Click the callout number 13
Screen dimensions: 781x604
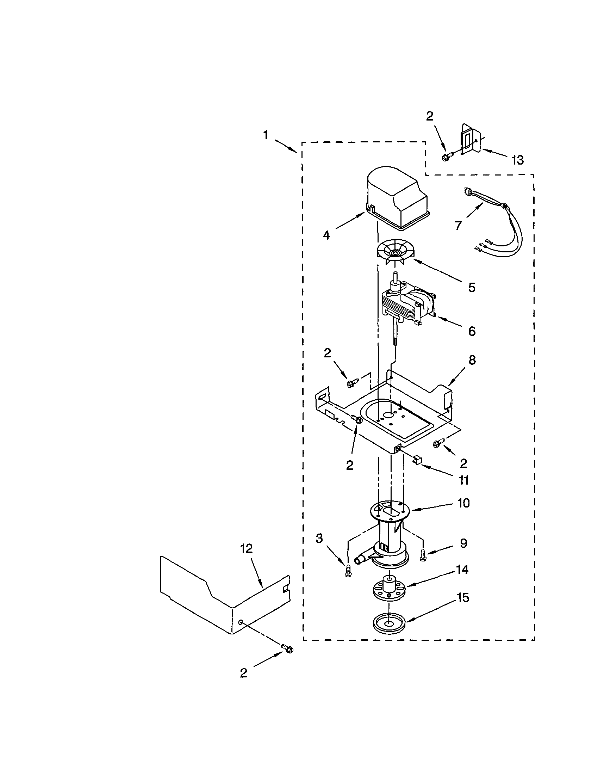(x=517, y=160)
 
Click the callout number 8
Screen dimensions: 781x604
(x=472, y=360)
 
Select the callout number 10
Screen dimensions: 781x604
(x=463, y=503)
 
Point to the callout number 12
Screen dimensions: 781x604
(x=246, y=548)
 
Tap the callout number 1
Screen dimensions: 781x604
(x=266, y=135)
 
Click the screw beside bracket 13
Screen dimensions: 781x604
(x=447, y=156)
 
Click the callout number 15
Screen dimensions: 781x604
(x=463, y=597)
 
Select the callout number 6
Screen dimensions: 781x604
(x=472, y=331)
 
